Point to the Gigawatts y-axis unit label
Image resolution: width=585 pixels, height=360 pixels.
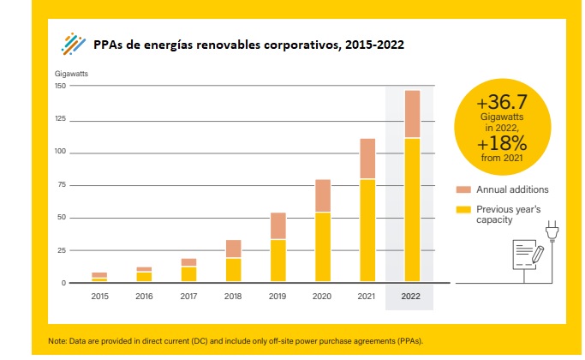(x=71, y=74)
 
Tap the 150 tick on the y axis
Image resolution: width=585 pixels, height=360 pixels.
(x=60, y=87)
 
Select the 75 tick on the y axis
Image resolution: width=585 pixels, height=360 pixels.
(x=62, y=184)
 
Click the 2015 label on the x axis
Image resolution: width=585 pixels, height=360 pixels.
(x=99, y=296)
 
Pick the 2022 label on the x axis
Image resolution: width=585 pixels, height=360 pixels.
(x=411, y=296)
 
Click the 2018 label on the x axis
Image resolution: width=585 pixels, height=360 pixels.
(x=233, y=296)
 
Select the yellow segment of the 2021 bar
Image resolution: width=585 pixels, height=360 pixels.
(x=367, y=230)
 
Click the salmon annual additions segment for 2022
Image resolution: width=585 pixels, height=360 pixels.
(x=411, y=114)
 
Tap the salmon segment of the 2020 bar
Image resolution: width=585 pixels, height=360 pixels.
(x=322, y=195)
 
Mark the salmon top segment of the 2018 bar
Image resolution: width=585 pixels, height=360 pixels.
(x=233, y=249)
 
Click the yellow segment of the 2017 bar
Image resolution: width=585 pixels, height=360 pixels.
(x=188, y=274)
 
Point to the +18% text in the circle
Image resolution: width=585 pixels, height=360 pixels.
(x=511, y=143)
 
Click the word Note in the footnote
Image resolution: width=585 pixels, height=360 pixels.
(x=58, y=340)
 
